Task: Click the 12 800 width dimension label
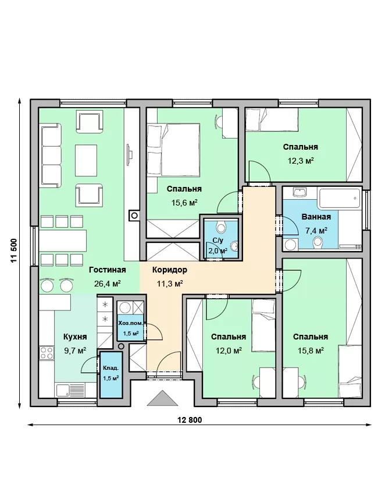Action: (x=190, y=420)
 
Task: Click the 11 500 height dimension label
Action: (x=13, y=250)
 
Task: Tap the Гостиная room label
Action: (x=107, y=270)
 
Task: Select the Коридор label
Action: (x=170, y=270)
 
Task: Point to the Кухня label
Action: (x=75, y=337)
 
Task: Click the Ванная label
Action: (x=316, y=217)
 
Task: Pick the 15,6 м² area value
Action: (x=184, y=202)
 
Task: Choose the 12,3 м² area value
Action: (x=301, y=160)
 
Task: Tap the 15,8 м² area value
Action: (x=311, y=351)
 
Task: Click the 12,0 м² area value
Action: (x=229, y=351)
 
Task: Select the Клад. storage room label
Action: (x=110, y=368)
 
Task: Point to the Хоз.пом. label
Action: (x=130, y=323)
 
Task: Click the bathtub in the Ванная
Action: (x=339, y=198)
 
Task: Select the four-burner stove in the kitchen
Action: (x=47, y=353)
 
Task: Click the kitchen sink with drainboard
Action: (x=70, y=391)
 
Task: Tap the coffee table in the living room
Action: (x=85, y=160)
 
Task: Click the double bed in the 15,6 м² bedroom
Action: (x=174, y=149)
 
